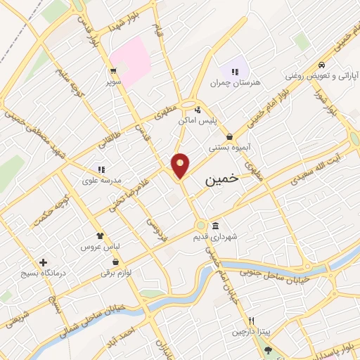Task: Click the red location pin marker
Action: point(181,165)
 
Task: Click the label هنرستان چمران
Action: point(234,83)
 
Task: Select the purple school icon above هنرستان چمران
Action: point(234,71)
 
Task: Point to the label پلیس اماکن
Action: point(216,121)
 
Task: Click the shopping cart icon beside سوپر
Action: point(112,71)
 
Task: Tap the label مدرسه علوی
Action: point(103,180)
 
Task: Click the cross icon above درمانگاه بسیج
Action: point(44,262)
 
